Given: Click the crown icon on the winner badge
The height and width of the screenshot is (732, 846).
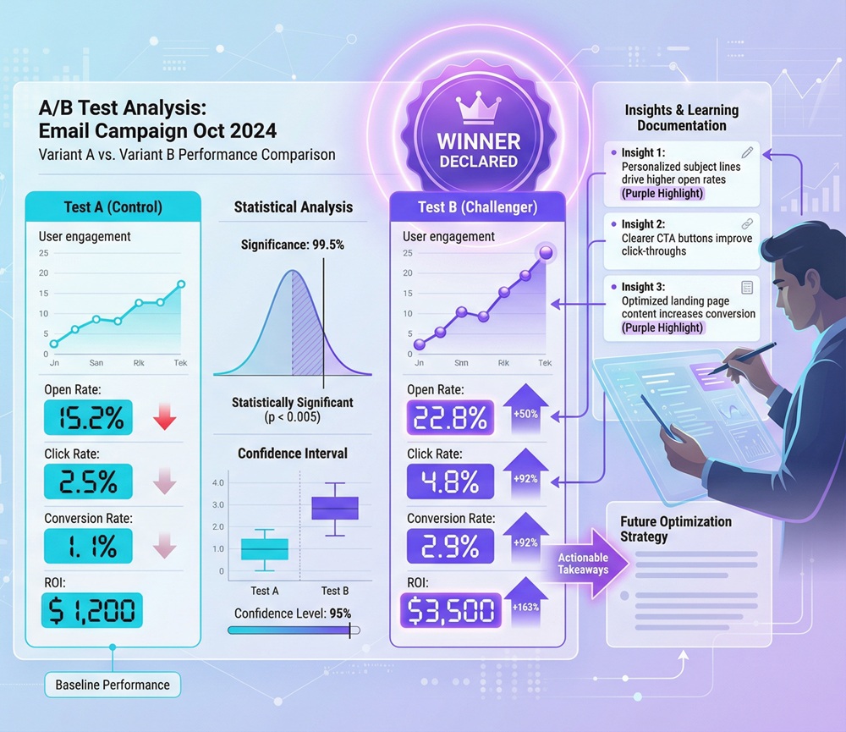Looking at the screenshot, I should pos(478,109).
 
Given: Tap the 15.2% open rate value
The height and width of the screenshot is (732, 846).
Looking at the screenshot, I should pos(87,418).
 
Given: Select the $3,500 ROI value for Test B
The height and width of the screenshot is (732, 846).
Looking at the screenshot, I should pos(450,610).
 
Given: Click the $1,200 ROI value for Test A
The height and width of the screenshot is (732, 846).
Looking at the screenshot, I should pos(92,610).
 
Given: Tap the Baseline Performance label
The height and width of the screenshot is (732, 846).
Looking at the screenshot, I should pos(113,685).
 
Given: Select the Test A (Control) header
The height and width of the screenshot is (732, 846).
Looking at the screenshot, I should pos(113,207).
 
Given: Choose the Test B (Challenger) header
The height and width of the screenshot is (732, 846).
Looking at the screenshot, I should pos(476,207).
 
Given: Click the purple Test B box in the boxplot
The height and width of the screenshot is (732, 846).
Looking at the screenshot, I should pos(335,508).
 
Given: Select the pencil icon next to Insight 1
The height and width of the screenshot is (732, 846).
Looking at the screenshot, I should pos(746,152).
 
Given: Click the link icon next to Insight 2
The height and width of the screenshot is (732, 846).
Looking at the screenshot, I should pos(746,223).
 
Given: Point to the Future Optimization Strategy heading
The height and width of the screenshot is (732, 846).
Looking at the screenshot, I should pos(675,529).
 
